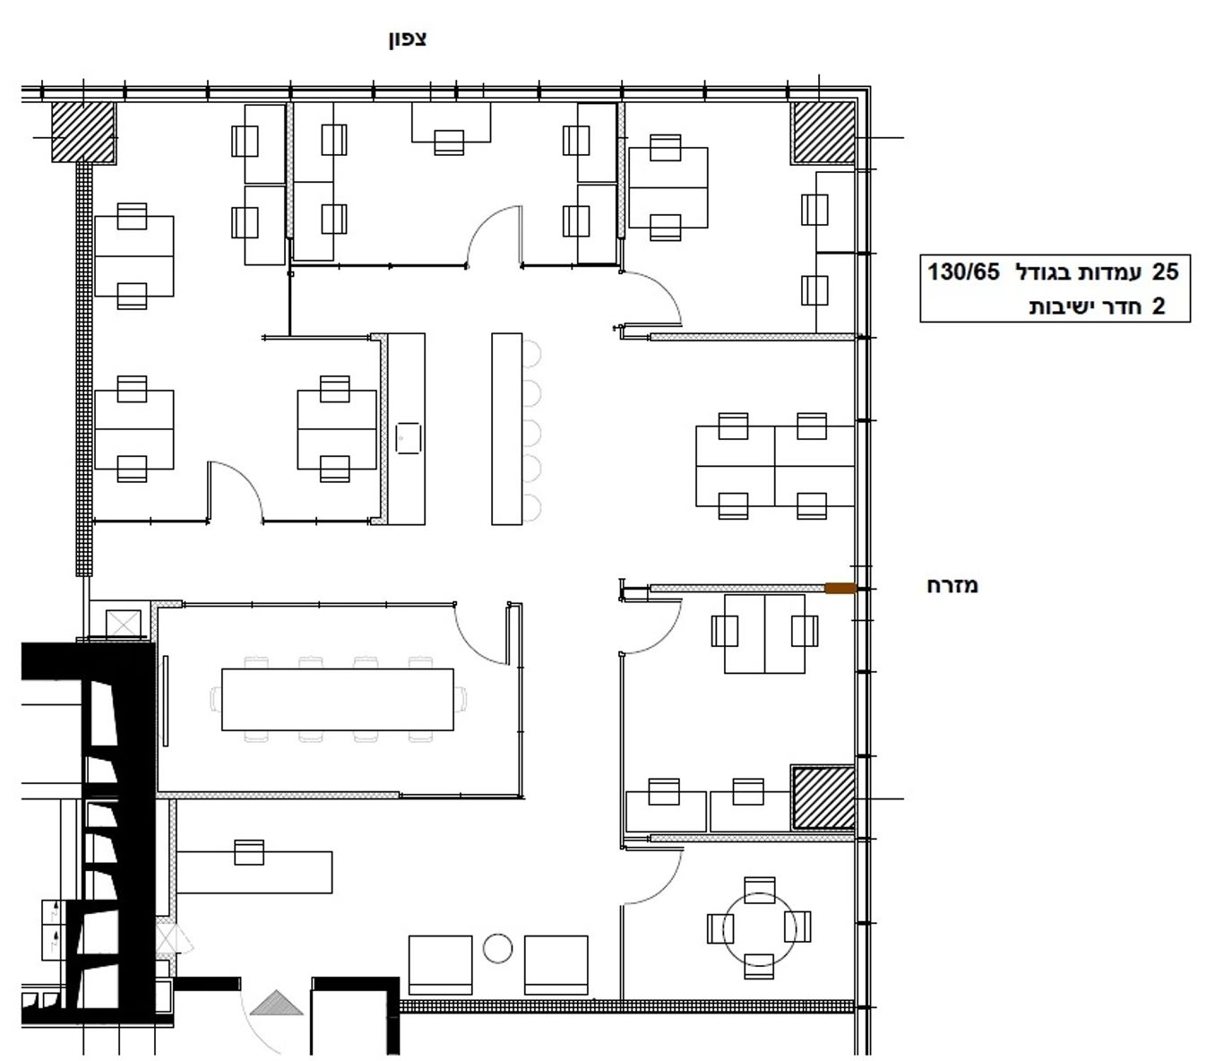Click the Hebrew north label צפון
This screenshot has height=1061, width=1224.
click(x=408, y=39)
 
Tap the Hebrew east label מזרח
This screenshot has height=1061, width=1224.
click(x=952, y=586)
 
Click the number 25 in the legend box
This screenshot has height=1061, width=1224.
click(x=1166, y=272)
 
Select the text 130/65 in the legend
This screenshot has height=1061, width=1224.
click(x=963, y=272)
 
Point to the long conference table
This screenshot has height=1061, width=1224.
click(x=338, y=699)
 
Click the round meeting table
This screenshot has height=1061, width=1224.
click(x=759, y=930)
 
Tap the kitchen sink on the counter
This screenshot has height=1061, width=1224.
click(x=408, y=438)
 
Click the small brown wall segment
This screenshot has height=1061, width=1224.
click(x=840, y=588)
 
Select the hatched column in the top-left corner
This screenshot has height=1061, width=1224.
click(x=83, y=133)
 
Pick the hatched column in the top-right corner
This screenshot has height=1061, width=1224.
click(x=823, y=133)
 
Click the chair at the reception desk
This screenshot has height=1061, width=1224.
click(x=249, y=852)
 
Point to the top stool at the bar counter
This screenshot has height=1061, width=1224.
click(x=531, y=353)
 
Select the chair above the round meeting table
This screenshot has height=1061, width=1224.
click(x=759, y=890)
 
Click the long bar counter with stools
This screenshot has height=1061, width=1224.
click(x=507, y=428)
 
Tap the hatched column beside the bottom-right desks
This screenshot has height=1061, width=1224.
click(x=823, y=798)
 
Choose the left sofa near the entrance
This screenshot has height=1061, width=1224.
click(x=441, y=965)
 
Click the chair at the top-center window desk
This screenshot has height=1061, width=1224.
click(x=449, y=142)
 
